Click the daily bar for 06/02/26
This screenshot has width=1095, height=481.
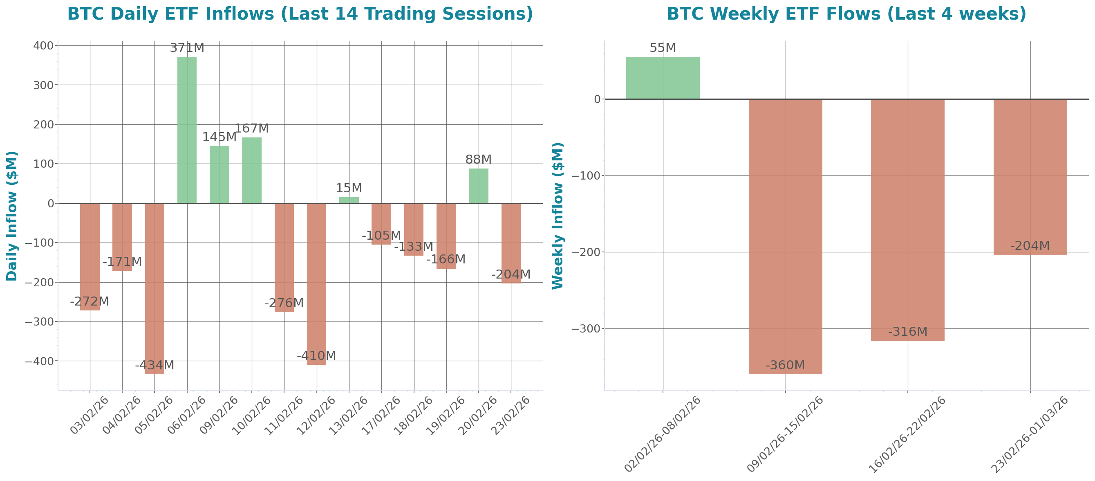pos(187,130)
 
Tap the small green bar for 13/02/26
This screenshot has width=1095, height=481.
pos(349,200)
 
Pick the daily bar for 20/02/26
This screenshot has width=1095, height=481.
pos(478,185)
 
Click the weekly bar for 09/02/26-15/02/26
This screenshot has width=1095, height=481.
pos(785,236)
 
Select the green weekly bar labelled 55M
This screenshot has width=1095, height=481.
pos(663,78)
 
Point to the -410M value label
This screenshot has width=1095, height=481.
pos(316,355)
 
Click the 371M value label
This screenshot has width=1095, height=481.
pos(187,47)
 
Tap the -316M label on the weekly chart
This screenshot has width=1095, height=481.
pos(907,331)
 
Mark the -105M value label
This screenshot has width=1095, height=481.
pos(381,235)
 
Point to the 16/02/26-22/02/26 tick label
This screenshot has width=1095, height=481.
pos(907,434)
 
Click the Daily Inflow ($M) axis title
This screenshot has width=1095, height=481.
pos(12,216)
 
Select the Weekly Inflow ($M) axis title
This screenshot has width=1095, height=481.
pos(557,216)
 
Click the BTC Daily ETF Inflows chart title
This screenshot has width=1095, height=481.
pos(300,13)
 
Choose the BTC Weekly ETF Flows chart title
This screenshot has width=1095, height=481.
pos(846,13)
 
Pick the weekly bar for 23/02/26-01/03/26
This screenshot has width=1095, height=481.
pos(1030,177)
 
